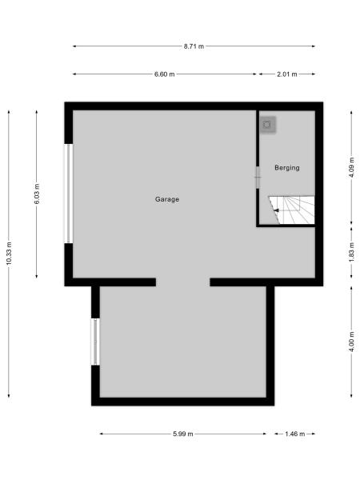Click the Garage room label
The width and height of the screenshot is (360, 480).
click(x=167, y=199)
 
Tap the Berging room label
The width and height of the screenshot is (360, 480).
click(x=286, y=168)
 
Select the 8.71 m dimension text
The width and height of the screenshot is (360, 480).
click(x=193, y=46)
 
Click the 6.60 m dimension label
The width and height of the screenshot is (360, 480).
click(x=164, y=74)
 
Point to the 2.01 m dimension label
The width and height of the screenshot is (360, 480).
click(x=286, y=74)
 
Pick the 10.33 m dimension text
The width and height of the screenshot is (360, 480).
click(x=9, y=254)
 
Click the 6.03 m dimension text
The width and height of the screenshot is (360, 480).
click(x=37, y=194)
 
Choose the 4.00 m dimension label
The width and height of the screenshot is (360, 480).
click(x=352, y=343)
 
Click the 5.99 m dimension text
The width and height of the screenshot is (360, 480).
click(x=182, y=434)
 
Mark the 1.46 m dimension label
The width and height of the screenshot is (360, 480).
click(x=294, y=434)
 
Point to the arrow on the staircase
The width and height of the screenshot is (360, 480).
click(x=276, y=210)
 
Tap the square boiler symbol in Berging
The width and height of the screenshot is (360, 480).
click(x=268, y=124)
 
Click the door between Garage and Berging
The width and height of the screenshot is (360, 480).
click(x=258, y=177)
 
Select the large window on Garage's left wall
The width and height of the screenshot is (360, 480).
click(x=69, y=193)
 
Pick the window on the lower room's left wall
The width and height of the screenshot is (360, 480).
click(x=95, y=342)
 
